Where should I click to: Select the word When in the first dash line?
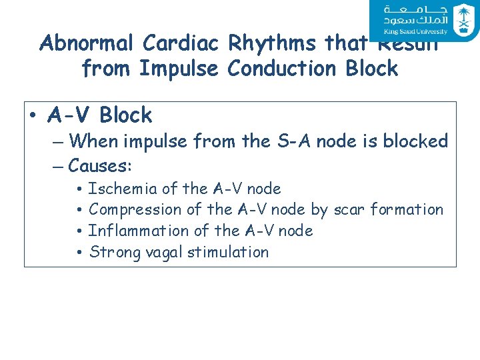93,141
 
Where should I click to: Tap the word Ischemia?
118,189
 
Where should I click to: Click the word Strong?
111,252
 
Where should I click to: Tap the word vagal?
160,252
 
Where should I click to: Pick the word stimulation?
228,252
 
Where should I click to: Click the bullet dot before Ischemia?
79,189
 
